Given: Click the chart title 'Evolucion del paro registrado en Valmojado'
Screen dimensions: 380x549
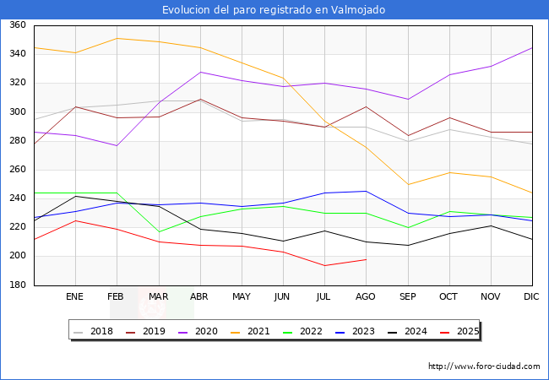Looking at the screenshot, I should click(x=274, y=10).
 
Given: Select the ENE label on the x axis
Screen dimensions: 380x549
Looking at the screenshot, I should click(x=75, y=297).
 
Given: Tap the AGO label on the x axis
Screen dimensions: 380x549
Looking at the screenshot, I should click(x=366, y=297).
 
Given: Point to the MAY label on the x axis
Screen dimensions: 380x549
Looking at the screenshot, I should click(x=242, y=297).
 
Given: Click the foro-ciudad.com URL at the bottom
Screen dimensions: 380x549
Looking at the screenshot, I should click(x=484, y=366).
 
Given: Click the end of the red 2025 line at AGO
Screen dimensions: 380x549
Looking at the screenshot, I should click(x=366, y=259).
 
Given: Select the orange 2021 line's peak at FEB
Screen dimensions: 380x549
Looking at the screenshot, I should click(x=117, y=38).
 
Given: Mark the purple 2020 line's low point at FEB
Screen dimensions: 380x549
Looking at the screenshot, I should click(x=117, y=145).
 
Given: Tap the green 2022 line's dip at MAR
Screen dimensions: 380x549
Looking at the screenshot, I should click(x=158, y=232).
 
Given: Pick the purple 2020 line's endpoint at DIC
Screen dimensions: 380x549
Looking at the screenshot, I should click(x=532, y=48).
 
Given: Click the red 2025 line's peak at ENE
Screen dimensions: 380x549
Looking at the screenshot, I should click(x=75, y=220).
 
